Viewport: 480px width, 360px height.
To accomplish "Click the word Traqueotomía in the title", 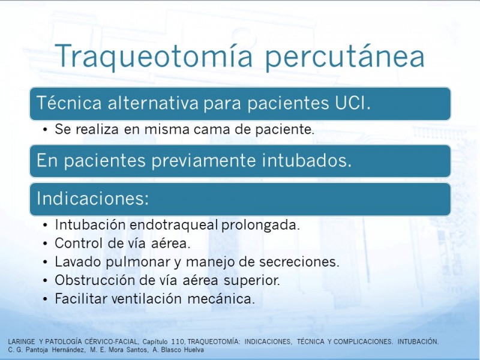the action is pos(154,56).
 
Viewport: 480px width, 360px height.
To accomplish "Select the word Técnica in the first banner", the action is pos(69,102).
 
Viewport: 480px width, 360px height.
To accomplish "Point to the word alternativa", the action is pos(153,103).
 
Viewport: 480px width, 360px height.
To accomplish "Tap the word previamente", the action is pos(203,160).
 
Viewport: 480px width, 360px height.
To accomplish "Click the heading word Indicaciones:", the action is pos(93,198).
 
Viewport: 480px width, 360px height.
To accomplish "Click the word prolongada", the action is pos(260,226).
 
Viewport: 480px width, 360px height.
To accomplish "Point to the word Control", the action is pos(79,244).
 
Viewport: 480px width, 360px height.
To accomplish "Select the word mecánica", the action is pos(221,299).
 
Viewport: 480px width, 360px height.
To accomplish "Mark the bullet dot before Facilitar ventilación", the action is pos(46,299).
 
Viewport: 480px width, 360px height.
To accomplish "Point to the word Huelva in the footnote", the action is pos(194,350).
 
